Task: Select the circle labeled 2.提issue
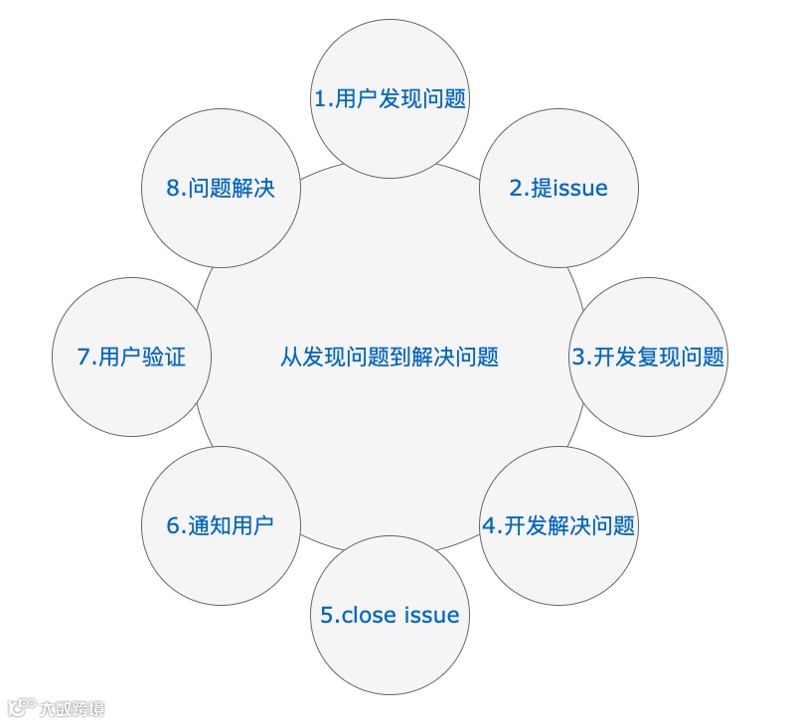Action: pyautogui.click(x=557, y=187)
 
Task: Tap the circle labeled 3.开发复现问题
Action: pyautogui.click(x=648, y=357)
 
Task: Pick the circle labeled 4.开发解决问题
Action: pyautogui.click(x=557, y=525)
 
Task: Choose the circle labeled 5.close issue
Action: pyautogui.click(x=390, y=615)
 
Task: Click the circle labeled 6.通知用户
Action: pyautogui.click(x=221, y=525)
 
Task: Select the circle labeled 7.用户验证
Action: pyautogui.click(x=131, y=357)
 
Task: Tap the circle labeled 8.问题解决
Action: pyautogui.click(x=221, y=187)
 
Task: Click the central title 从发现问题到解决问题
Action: pyautogui.click(x=390, y=357)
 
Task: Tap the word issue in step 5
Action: pyautogui.click(x=432, y=616)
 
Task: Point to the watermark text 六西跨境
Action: pyautogui.click(x=72, y=709)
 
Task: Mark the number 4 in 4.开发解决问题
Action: pyautogui.click(x=488, y=526)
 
